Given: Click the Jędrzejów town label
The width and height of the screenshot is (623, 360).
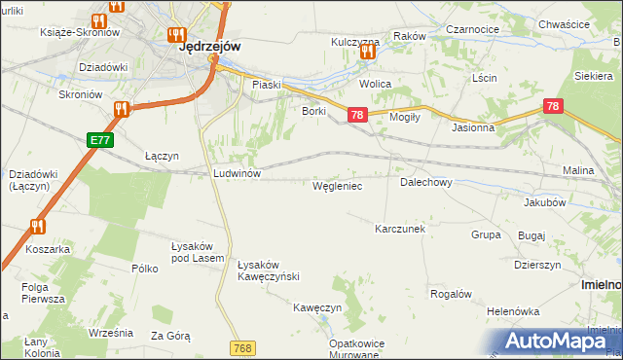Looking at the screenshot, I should pyautogui.click(x=210, y=45).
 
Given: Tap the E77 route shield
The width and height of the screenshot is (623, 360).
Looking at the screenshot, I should pyautogui.click(x=99, y=140).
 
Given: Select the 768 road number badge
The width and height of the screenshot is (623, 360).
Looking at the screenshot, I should pyautogui.click(x=243, y=347).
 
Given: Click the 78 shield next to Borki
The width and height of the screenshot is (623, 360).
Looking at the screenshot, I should pyautogui.click(x=356, y=115).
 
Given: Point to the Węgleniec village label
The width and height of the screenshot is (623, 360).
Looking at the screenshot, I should pyautogui.click(x=337, y=185).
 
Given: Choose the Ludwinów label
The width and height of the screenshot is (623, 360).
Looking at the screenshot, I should pyautogui.click(x=238, y=173).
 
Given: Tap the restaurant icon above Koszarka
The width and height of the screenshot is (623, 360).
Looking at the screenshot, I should pyautogui.click(x=38, y=227).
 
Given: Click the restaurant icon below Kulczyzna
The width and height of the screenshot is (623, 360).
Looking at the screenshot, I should pyautogui.click(x=368, y=53).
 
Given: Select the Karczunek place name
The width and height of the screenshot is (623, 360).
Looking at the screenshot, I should pyautogui.click(x=400, y=229).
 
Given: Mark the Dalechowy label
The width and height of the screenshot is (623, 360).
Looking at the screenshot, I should pyautogui.click(x=425, y=182).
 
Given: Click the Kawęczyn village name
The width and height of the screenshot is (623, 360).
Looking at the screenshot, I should pyautogui.click(x=317, y=307).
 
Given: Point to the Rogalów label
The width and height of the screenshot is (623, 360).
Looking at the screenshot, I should pyautogui.click(x=451, y=294).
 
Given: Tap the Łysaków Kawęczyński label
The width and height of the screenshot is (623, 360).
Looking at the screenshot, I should pyautogui.click(x=268, y=270).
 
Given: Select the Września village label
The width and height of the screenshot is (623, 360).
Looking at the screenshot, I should pyautogui.click(x=110, y=332).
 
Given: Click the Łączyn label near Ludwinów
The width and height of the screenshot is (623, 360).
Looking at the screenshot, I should pyautogui.click(x=162, y=156).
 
